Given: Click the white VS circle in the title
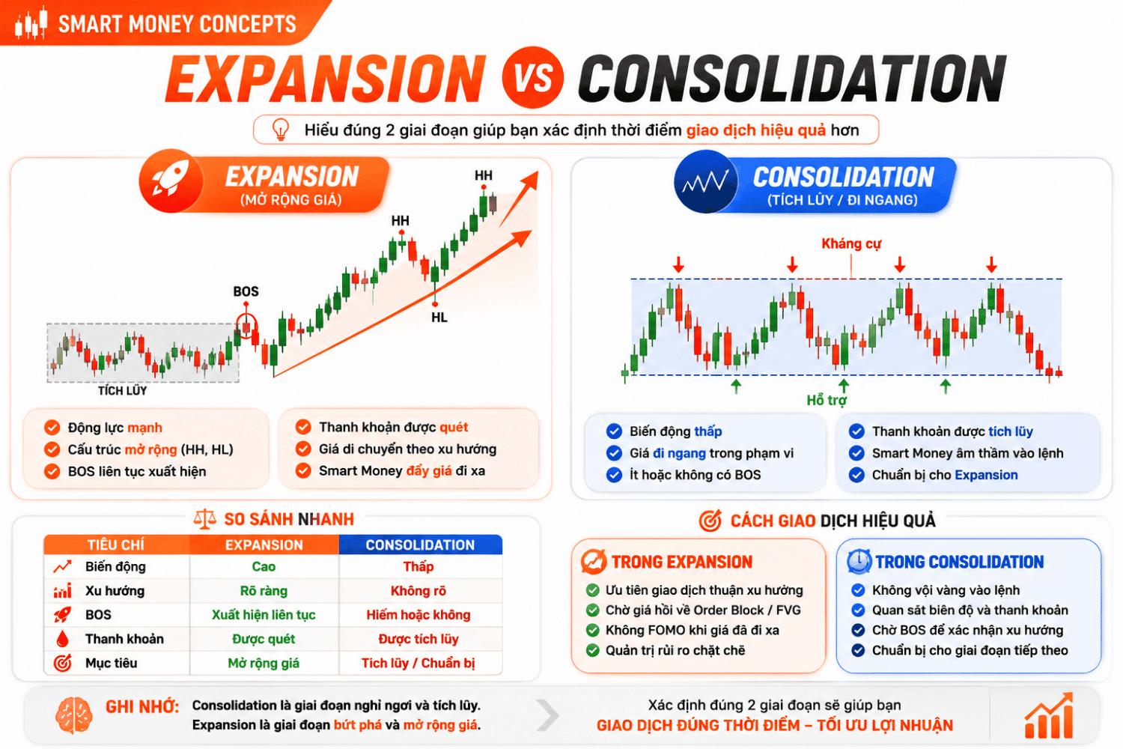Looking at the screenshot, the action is click(532, 78).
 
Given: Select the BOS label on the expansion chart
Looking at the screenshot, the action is click(246, 291).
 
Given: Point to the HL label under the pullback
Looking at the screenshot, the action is click(439, 318).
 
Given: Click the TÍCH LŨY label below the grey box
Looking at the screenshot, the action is click(122, 391).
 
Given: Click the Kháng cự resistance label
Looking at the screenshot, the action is click(851, 244).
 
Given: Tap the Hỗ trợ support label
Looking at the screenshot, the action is click(827, 400).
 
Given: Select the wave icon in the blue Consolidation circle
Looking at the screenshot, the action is click(705, 181).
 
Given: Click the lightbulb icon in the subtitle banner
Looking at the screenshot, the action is click(280, 130).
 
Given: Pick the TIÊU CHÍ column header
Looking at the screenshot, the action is click(116, 545).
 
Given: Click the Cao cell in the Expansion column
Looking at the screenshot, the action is click(264, 567).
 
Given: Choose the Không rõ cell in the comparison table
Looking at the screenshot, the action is click(418, 591).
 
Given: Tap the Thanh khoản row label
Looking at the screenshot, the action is click(124, 639).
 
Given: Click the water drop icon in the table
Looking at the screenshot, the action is click(62, 639).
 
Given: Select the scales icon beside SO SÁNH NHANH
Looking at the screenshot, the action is click(204, 519).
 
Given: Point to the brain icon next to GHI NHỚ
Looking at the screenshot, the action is click(73, 715).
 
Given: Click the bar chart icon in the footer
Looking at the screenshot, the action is click(1049, 716).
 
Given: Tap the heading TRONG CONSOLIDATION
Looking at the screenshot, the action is click(960, 562).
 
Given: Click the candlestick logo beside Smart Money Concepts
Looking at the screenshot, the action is click(31, 22).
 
